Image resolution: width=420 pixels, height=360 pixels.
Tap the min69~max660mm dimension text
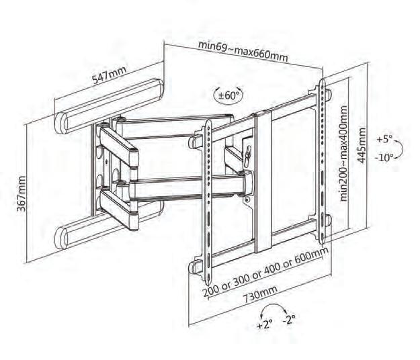[243, 51]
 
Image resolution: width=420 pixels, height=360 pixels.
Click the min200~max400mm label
[344, 153]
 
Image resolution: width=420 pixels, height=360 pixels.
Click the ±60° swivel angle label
[228, 96]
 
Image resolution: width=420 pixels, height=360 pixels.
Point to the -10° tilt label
[384, 159]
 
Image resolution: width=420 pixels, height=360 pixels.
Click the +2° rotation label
[263, 324]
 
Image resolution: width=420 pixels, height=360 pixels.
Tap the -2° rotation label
[290, 319]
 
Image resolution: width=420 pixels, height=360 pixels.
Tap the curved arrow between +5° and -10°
[398, 149]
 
